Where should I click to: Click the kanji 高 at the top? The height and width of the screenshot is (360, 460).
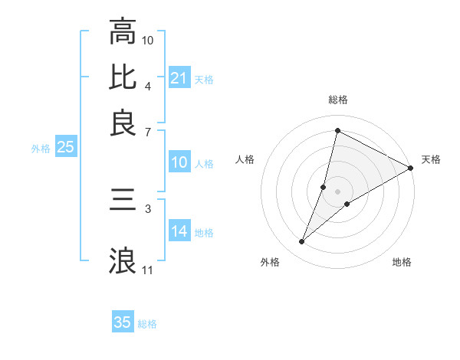[123, 32]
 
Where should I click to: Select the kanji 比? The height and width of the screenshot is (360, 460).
[123, 77]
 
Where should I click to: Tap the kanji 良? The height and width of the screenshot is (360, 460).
[123, 123]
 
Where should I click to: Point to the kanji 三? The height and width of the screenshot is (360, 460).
[123, 201]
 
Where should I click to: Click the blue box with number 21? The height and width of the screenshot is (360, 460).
[179, 78]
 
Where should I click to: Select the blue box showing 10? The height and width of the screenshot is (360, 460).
[179, 162]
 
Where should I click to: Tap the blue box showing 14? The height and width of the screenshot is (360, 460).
[179, 231]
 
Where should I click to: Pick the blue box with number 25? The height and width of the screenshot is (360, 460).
[65, 148]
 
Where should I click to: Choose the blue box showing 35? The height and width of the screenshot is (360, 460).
[123, 322]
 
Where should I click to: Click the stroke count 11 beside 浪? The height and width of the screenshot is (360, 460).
[148, 270]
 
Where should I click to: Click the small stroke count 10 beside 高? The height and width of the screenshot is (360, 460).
[148, 40]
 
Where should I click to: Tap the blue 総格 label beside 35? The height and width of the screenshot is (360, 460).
[147, 324]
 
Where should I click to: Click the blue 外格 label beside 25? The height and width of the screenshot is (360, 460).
[41, 149]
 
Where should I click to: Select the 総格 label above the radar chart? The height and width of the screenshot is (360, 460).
[337, 100]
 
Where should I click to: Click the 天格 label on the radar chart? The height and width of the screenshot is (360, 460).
[431, 159]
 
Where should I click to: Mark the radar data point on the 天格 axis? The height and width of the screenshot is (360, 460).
[410, 168]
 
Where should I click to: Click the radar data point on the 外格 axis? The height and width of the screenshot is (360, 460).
[302, 242]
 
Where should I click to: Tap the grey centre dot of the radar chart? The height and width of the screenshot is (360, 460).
[337, 191]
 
